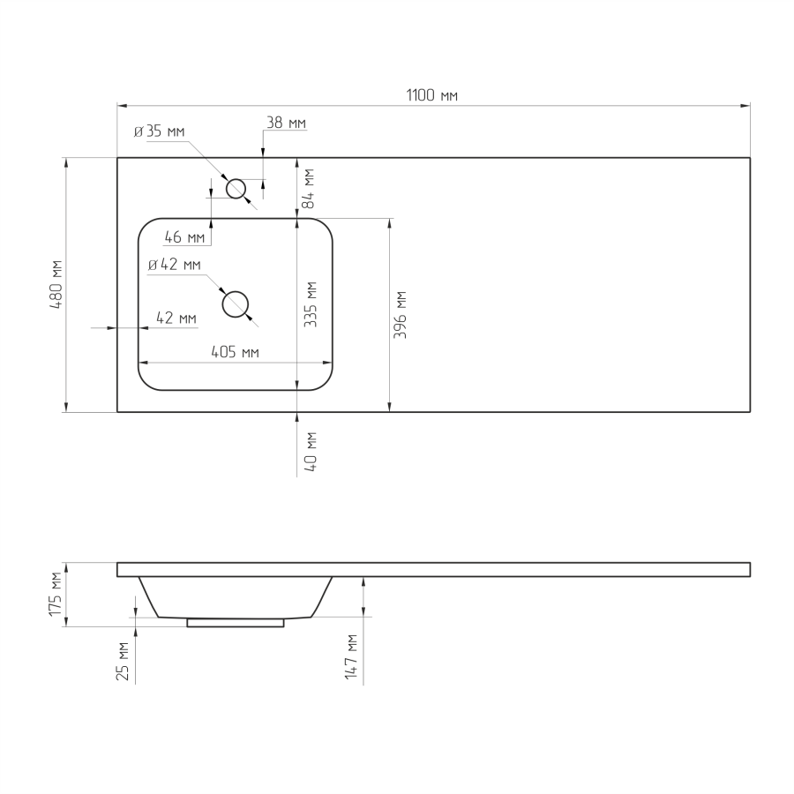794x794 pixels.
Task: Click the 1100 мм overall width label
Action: pyautogui.click(x=432, y=94)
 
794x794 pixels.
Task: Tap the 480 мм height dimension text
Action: pyautogui.click(x=56, y=285)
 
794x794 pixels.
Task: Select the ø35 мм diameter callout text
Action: pyautogui.click(x=159, y=131)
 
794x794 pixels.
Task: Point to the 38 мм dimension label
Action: pyautogui.click(x=286, y=123)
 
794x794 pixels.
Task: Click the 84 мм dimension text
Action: pyautogui.click(x=308, y=189)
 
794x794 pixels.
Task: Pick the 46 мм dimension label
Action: pyautogui.click(x=185, y=236)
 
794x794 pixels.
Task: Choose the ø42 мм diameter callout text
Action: pyautogui.click(x=174, y=265)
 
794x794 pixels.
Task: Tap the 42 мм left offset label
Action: pyautogui.click(x=176, y=318)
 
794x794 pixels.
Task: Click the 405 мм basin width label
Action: pyautogui.click(x=235, y=352)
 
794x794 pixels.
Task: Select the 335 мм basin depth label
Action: pyautogui.click(x=310, y=304)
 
